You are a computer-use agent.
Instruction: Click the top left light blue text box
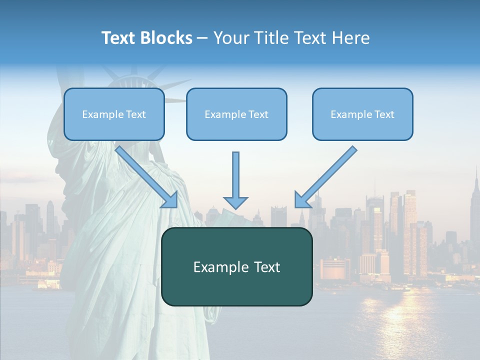[114, 114]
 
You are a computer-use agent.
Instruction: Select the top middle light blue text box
[236, 114]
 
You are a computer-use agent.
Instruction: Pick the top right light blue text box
[362, 114]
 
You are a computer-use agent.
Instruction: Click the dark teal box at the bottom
[236, 267]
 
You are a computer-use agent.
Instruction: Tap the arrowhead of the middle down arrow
[235, 202]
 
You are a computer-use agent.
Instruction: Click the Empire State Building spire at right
[476, 175]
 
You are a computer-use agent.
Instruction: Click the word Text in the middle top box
[258, 114]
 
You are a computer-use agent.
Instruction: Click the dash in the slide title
[202, 38]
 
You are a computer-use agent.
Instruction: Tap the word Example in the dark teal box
[220, 267]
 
